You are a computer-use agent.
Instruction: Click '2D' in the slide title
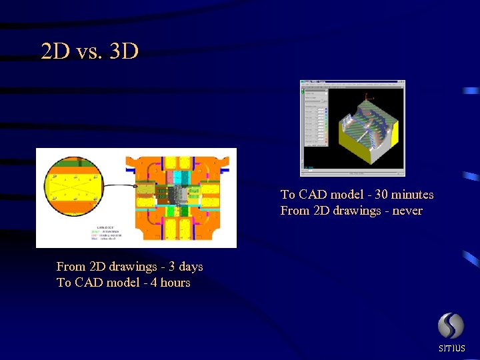tap(55, 51)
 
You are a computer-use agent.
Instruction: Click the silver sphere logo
tap(451, 326)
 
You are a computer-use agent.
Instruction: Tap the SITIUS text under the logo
tap(451, 348)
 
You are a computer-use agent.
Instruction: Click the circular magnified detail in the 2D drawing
tap(74, 187)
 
